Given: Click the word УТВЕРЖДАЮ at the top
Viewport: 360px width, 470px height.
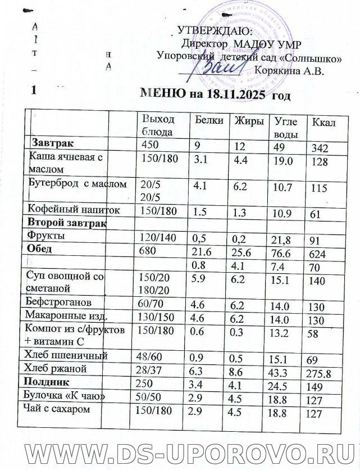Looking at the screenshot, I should (x=214, y=31).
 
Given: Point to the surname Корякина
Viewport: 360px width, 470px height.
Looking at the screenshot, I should (x=278, y=71).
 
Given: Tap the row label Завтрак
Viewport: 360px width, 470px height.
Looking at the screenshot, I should (x=56, y=143).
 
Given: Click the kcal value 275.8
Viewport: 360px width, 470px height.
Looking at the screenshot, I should (x=320, y=373).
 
